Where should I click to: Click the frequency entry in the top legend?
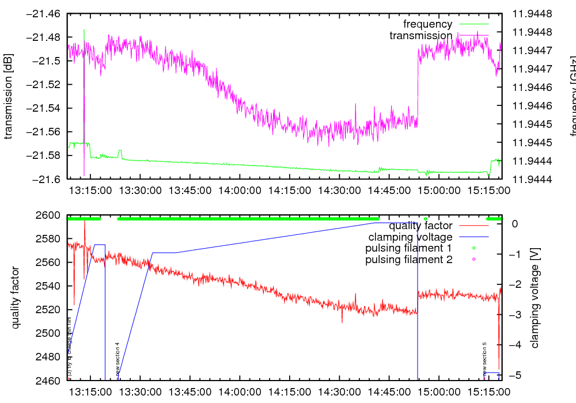[427, 24]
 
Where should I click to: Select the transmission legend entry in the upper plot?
[421, 36]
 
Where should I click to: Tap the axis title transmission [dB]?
[9, 96]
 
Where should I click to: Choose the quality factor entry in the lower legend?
[420, 226]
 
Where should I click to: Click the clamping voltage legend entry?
[411, 237]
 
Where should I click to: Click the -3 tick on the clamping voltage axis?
[516, 314]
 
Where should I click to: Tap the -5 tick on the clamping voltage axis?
[516, 375]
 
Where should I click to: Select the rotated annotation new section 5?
[485, 359]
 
